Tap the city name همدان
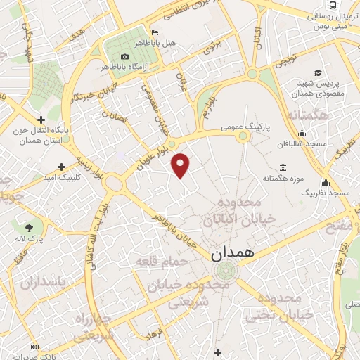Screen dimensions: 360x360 (x=233, y=254)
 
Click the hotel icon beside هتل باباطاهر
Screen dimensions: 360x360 (x=155, y=32)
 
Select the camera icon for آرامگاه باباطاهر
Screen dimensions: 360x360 (x=124, y=56)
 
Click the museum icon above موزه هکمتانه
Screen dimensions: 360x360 (x=283, y=167)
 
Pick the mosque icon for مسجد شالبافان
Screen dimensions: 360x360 (x=302, y=133)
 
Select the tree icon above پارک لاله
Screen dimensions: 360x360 (x=29, y=228)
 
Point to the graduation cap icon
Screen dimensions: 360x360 (x=318, y=72)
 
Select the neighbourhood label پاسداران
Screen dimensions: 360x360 (x=41, y=283)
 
